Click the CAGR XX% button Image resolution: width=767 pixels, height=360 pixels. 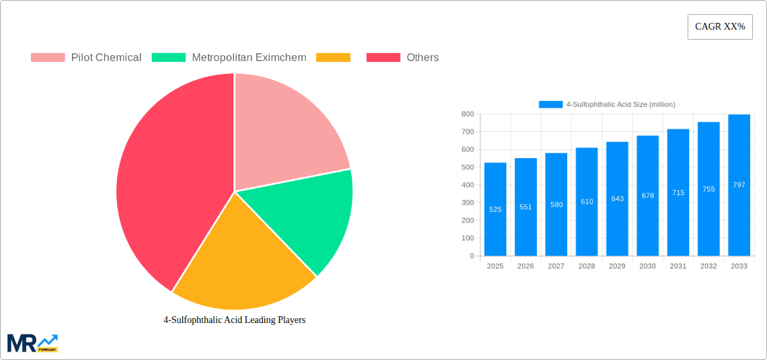tap(720, 27)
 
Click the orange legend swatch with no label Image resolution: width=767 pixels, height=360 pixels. tap(333, 58)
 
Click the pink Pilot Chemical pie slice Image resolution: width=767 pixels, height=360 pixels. tap(283, 128)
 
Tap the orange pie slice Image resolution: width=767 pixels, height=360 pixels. tap(242, 262)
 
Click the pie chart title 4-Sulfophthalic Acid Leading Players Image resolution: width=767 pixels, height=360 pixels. tap(234, 320)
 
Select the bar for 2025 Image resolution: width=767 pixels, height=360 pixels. tap(495, 209)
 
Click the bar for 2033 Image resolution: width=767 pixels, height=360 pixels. tap(739, 185)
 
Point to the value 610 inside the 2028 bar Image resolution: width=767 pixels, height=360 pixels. tap(587, 202)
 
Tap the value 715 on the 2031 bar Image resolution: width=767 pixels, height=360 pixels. tap(678, 193)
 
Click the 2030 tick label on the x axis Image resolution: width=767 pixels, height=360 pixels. tap(647, 266)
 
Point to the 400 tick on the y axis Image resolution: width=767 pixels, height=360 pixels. tap(466, 185)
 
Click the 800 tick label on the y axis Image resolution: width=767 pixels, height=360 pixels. tap(466, 114)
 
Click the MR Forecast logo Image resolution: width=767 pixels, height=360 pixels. tap(32, 343)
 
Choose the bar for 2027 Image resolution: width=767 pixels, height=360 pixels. tap(556, 205)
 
